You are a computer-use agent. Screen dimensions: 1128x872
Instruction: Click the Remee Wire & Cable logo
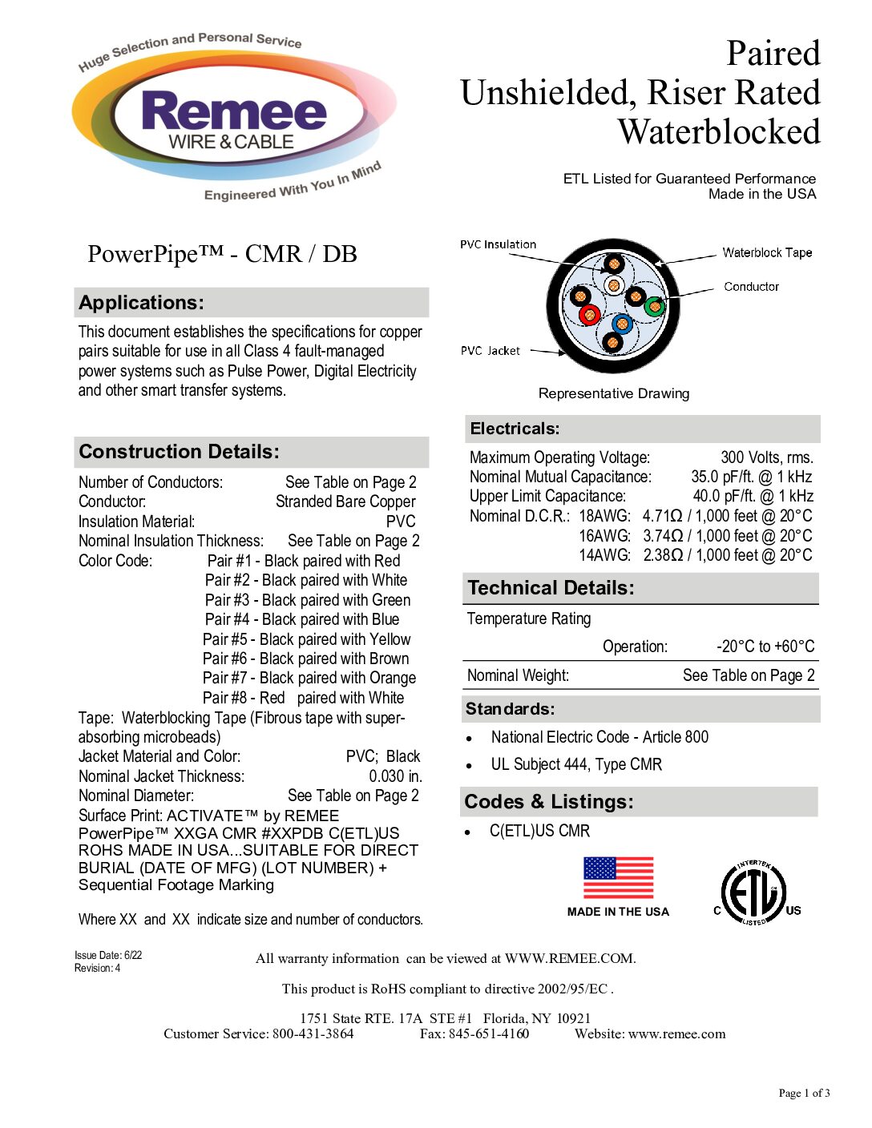click(232, 120)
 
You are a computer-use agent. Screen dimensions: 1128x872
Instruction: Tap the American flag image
click(618, 878)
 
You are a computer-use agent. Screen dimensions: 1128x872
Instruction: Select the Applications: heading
click(142, 303)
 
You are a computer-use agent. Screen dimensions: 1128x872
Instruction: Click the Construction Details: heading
click(180, 452)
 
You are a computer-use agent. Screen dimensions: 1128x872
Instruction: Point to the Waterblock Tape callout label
click(767, 252)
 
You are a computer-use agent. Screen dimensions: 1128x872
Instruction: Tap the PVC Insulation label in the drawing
click(498, 244)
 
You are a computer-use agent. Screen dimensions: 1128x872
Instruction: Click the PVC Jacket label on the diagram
click(490, 351)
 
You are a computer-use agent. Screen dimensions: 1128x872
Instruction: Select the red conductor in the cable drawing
click(590, 314)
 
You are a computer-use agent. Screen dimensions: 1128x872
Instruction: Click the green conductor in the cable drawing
click(655, 306)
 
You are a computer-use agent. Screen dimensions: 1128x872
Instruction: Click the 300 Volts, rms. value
click(766, 457)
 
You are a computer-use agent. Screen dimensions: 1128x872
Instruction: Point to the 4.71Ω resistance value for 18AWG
click(662, 516)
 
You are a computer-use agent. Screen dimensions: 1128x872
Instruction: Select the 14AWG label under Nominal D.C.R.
click(604, 555)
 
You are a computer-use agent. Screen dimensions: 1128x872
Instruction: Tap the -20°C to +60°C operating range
click(765, 647)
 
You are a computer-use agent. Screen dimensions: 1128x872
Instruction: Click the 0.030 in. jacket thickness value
click(395, 776)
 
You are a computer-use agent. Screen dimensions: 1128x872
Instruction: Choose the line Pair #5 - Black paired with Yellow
click(306, 639)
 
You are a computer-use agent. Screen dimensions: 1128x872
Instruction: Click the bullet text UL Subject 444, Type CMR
click(576, 764)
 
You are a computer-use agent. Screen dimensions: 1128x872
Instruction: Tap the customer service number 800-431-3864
click(313, 1033)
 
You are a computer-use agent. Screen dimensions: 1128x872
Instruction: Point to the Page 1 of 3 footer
click(804, 1093)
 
